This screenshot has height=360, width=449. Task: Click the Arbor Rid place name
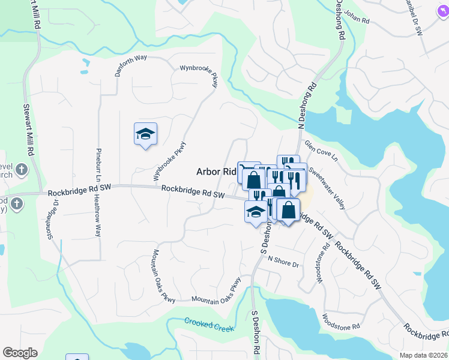coord(217,172)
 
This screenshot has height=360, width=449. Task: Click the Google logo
coord(20,353)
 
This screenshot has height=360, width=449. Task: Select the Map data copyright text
coord(424,355)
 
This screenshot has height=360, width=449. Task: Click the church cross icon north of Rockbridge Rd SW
coord(20,169)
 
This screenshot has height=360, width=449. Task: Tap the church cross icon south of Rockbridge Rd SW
coord(16,204)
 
